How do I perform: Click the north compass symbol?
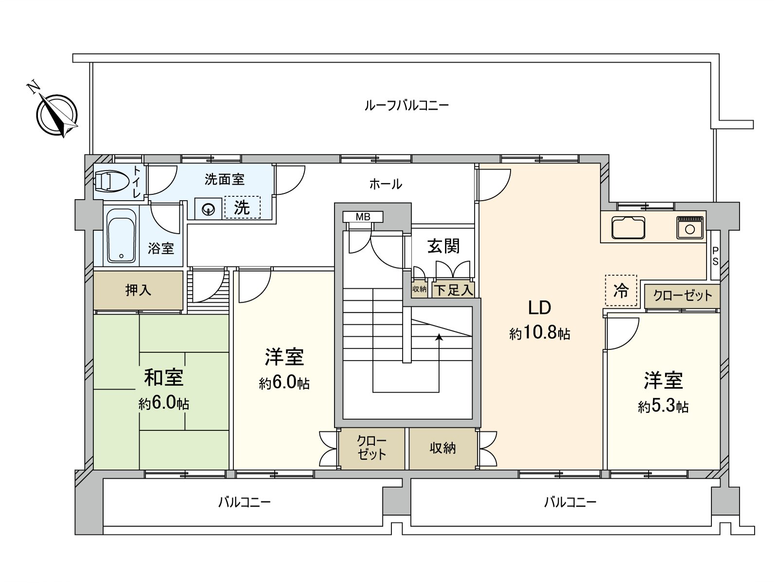coord(56,114)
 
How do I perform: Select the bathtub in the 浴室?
coord(122,236)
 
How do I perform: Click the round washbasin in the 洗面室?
coord(209,210)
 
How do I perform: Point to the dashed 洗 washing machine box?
coord(242,207)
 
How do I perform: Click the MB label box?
coord(363,217)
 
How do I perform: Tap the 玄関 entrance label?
coord(443,246)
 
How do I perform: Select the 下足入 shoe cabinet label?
coord(453,291)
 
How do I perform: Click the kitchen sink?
coord(628,227)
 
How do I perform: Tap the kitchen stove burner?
coord(690,227)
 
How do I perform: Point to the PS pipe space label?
coord(715,256)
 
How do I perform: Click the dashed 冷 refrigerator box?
coord(621,291)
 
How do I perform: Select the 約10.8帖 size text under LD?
coord(540,334)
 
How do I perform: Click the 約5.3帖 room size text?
coord(663,406)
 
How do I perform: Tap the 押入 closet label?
coord(139,290)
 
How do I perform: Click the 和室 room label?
coord(164,377)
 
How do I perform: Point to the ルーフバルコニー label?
coord(407,105)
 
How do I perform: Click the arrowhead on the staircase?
coord(440,336)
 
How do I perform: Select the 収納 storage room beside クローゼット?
coord(442,448)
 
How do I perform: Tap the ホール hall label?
coord(386,184)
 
